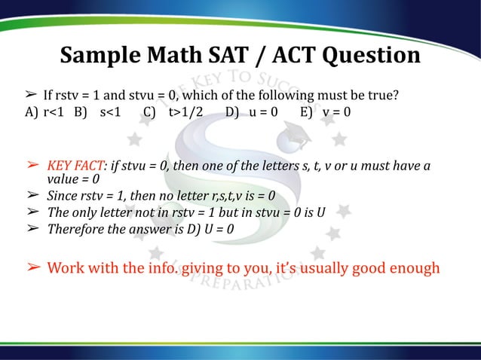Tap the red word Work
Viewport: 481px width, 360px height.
click(x=67, y=268)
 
